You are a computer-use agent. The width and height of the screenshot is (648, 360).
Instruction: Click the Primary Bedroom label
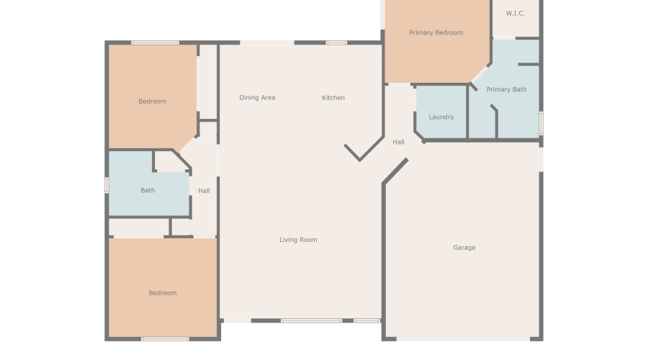point(436,32)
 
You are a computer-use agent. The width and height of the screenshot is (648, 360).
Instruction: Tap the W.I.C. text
point(516,13)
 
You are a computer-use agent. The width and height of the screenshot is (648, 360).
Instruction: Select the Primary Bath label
point(506,89)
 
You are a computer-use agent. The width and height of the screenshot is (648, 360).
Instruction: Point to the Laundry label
point(441,117)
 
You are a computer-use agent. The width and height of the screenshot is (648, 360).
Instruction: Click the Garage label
point(464,248)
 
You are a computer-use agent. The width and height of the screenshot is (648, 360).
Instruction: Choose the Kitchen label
point(333,97)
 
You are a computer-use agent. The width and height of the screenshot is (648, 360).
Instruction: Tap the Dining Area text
point(257,97)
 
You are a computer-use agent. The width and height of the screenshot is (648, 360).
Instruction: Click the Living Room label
point(298,240)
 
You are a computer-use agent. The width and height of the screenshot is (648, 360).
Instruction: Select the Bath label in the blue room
point(148,191)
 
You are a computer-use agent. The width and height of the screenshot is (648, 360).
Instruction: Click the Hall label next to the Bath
point(204,191)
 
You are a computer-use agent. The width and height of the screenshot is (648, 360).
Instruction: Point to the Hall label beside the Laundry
point(398,142)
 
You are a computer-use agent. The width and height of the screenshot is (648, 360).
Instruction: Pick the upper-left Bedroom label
point(152,102)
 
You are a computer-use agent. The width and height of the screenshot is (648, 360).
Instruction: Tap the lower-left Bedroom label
point(162,293)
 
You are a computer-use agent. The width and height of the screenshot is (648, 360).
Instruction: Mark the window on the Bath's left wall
point(107,185)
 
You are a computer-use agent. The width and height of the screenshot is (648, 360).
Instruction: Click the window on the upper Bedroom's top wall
point(155,42)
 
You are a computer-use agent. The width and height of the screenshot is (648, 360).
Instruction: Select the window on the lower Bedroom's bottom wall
point(165,338)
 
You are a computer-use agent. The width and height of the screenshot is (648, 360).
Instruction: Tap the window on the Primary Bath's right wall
point(541,122)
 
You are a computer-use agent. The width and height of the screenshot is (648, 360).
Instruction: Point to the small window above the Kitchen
point(336,42)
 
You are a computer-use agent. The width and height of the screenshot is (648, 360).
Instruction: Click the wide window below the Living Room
point(311,320)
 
